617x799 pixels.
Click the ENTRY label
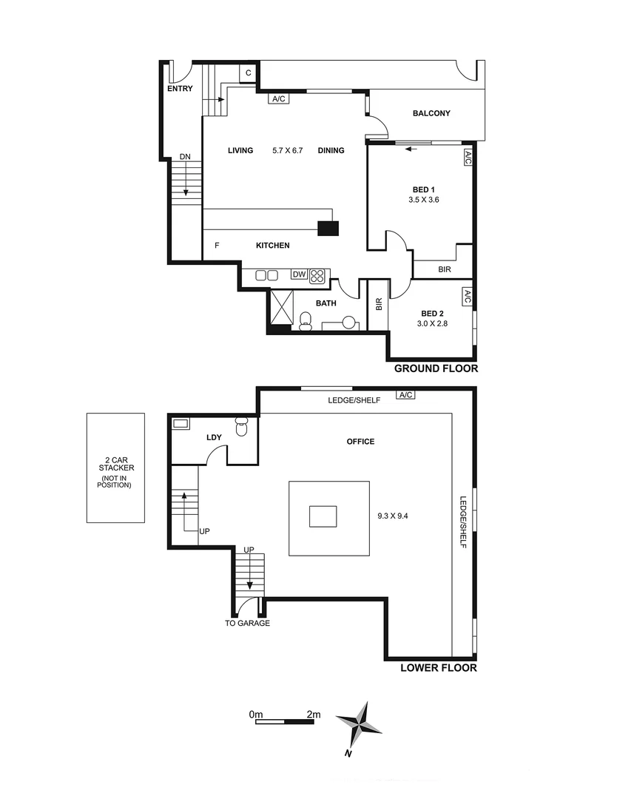click(180, 89)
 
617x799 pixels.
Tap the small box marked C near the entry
click(249, 73)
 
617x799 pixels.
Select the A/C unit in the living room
click(279, 98)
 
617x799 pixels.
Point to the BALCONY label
click(431, 113)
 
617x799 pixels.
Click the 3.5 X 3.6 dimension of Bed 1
click(424, 200)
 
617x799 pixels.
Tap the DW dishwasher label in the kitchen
click(299, 274)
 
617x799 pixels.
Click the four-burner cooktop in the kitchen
click(318, 275)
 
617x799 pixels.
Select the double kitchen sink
click(266, 275)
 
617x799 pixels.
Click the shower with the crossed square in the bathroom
click(282, 306)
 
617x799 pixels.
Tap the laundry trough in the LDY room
click(181, 424)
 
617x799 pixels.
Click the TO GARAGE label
click(247, 623)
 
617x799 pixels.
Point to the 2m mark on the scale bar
click(314, 715)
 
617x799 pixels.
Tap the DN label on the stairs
click(186, 158)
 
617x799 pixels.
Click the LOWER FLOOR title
click(438, 667)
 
